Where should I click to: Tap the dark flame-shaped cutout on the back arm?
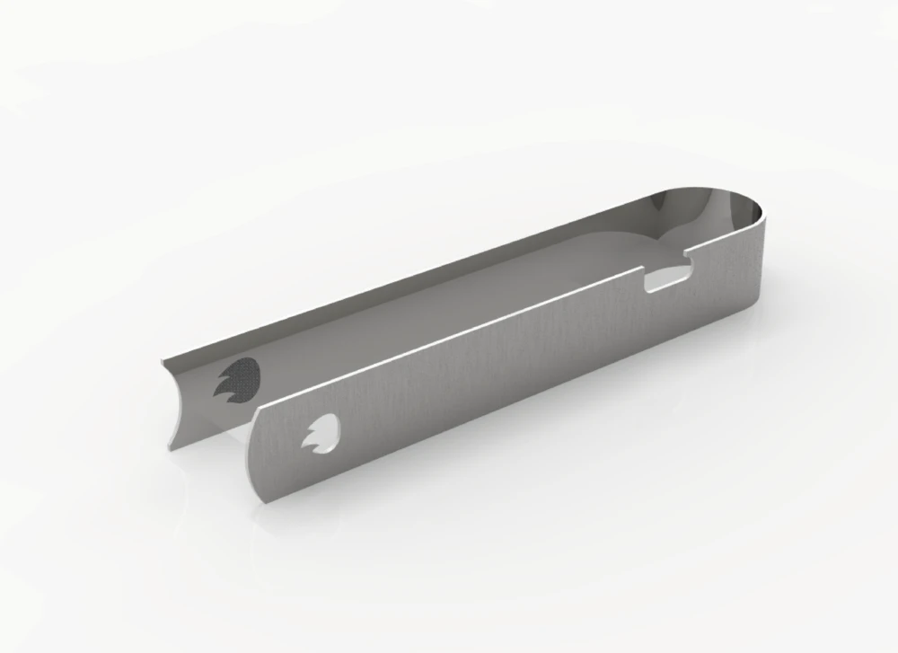(x=238, y=379)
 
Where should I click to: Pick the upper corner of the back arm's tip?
(x=163, y=360)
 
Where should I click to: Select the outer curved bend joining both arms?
(x=759, y=243)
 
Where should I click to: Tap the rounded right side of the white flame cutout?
(x=338, y=432)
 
